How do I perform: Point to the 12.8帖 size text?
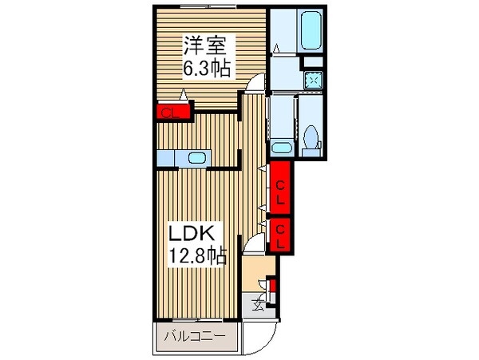coord(196,257)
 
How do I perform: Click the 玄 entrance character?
coord(259,303)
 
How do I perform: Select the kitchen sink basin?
coord(195,159)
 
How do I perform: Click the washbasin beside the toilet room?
coord(279,146)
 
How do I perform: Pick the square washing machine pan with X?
coord(313,79)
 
